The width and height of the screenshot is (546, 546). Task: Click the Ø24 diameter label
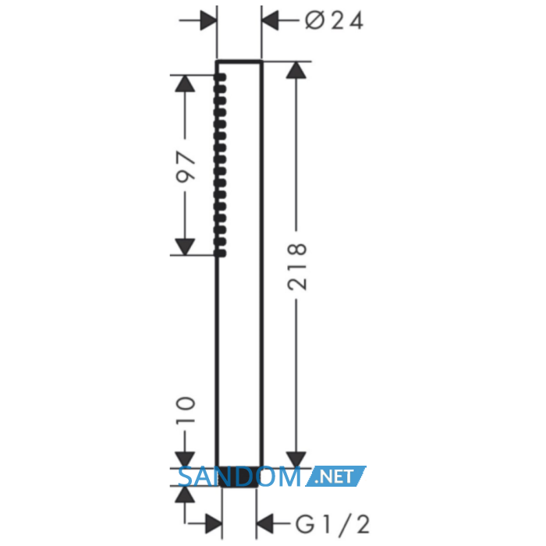335,20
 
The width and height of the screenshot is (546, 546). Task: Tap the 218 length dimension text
297,267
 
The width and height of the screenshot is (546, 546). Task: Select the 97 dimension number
186,167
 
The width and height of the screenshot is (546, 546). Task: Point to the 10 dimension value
186,409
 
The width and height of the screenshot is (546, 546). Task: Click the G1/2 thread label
332,525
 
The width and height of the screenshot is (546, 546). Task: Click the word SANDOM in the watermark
239,477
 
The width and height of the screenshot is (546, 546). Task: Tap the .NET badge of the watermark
335,476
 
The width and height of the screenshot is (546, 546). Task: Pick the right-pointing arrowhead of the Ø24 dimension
208,20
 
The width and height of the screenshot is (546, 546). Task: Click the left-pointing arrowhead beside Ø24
270,20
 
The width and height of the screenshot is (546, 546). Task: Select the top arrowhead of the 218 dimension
296,70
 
